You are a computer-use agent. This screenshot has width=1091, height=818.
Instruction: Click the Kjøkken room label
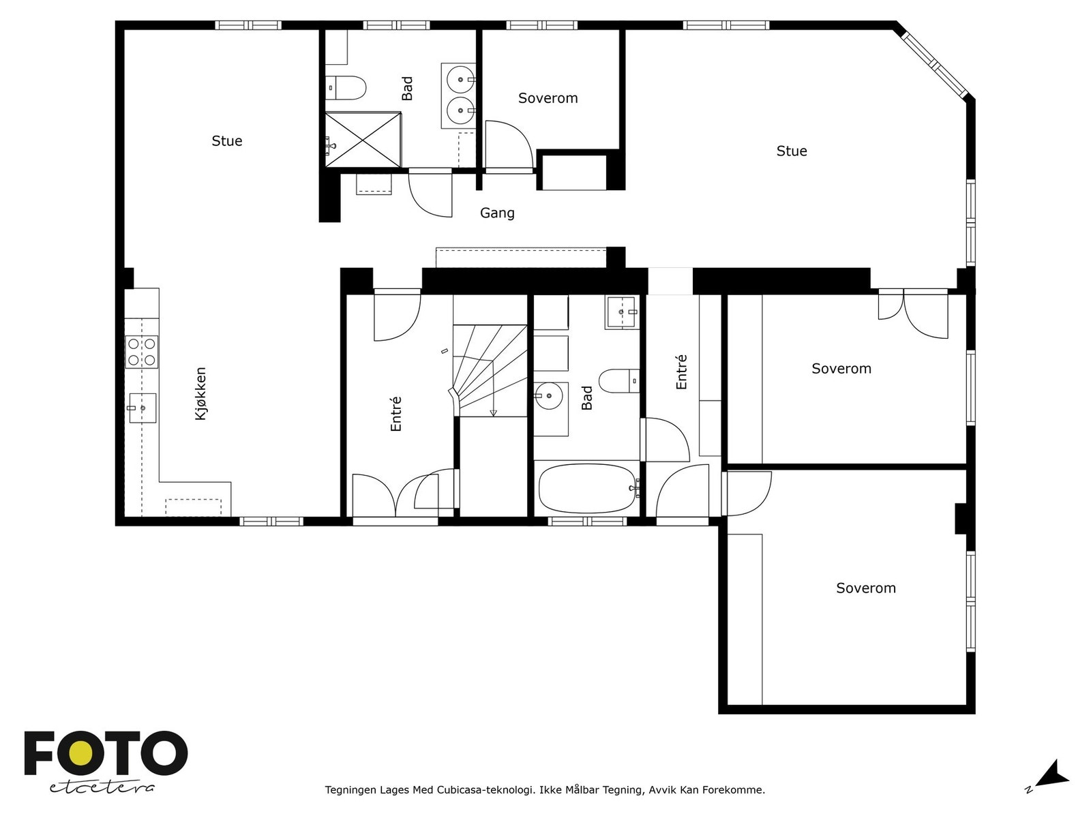coord(200,394)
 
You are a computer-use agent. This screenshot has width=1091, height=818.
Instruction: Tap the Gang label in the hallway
coord(497,213)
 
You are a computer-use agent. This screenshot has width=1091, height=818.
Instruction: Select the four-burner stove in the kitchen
coord(142,352)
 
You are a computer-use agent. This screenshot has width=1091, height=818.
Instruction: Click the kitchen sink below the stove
coord(142,408)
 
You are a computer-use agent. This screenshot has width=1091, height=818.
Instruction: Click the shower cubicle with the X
coord(362,139)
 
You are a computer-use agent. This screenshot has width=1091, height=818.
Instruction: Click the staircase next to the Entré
coord(490,372)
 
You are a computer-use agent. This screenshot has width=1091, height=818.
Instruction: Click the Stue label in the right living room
coord(792,151)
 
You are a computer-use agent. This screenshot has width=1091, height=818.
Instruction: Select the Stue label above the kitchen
coord(227,141)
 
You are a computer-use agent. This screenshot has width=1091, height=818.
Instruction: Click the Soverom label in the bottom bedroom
coord(866,588)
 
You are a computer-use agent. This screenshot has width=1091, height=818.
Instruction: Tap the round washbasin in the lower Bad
coord(548,395)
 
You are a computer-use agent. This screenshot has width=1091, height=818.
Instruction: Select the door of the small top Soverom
coord(508,145)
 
